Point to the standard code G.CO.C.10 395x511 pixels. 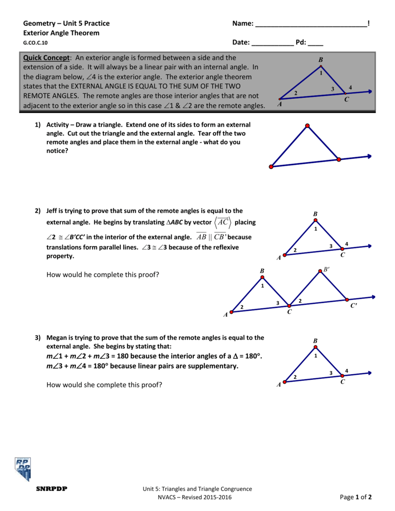(36, 43)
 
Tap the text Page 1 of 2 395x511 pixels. (356, 497)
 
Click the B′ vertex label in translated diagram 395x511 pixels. (327, 269)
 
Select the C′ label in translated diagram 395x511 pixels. (354, 306)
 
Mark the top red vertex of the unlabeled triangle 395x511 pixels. (308, 125)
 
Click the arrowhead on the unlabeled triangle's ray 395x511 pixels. (369, 156)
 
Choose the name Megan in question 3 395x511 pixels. (56, 338)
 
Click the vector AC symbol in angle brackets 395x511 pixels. (223, 222)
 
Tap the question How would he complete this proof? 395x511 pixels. (102, 274)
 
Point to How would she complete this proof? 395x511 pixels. (104, 385)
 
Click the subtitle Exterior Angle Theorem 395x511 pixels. (61, 33)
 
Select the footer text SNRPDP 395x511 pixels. (51, 489)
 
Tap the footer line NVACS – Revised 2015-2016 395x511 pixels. (197, 498)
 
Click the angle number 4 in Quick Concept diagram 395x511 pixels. (351, 88)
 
